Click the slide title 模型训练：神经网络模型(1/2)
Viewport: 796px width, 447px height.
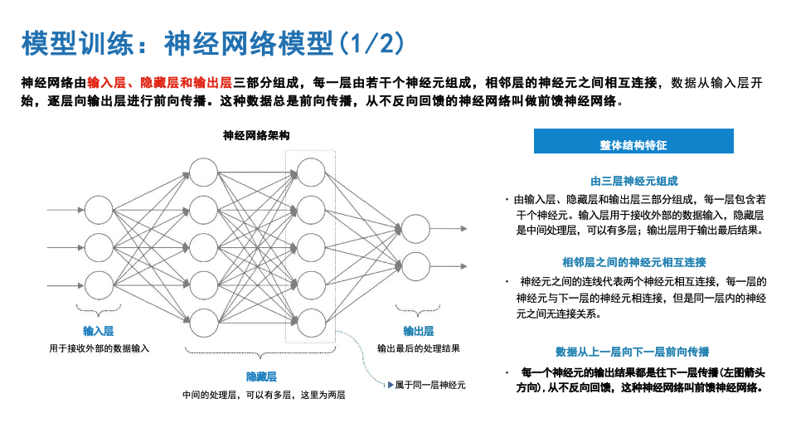(x=213, y=42)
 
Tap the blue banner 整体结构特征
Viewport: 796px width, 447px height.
(x=633, y=144)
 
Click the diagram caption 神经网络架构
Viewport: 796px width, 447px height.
(x=256, y=134)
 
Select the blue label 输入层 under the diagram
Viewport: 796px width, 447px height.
(x=98, y=331)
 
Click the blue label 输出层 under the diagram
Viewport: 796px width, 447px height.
(x=418, y=331)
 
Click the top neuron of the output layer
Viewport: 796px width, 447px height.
(x=415, y=229)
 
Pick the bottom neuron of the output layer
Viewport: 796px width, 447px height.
(x=415, y=266)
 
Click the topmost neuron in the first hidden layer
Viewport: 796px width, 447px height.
(x=203, y=172)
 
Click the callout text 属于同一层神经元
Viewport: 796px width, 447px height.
(x=430, y=385)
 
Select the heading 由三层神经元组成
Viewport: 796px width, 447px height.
(x=634, y=181)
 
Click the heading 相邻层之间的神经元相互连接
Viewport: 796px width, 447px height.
(x=634, y=262)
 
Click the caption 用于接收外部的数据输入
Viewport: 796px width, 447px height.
(x=99, y=348)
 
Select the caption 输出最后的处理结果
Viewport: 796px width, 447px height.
(x=418, y=348)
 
